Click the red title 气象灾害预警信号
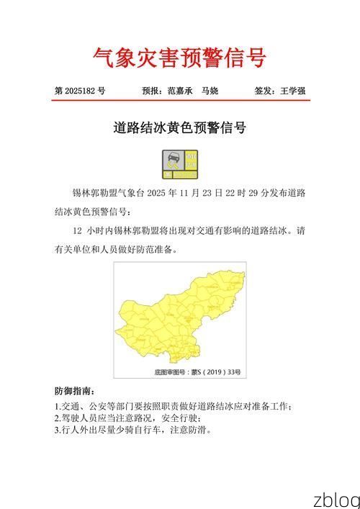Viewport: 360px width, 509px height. coord(179,57)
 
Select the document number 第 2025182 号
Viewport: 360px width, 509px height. coord(80,91)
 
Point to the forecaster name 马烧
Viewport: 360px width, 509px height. coord(210,91)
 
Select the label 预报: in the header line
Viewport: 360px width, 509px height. coord(153,91)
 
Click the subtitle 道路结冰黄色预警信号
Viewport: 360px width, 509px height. coord(180,128)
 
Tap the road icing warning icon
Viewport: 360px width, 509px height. coord(180,164)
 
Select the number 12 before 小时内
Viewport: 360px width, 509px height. coord(78,232)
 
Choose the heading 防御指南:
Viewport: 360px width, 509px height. coord(74,392)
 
